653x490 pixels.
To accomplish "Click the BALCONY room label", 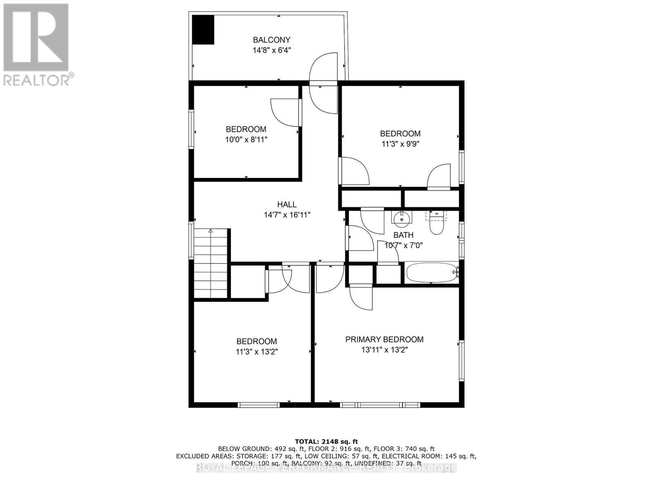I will tap(271, 40).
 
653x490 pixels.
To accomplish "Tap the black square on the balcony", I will tap(203, 29).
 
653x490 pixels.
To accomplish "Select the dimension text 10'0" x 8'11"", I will tap(246, 140).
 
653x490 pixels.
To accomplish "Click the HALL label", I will tap(287, 205).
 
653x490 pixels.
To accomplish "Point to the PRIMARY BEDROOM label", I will tap(384, 339).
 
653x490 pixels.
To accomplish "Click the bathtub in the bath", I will tap(432, 272).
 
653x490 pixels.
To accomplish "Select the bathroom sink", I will tap(402, 218).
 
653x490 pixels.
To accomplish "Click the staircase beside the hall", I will tap(210, 263).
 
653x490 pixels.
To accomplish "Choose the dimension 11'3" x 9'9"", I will tap(400, 144).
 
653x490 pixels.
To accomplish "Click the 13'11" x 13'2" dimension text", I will tap(384, 350).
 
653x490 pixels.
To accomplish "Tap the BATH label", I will tap(403, 235).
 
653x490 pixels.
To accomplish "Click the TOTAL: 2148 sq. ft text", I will tap(326, 441).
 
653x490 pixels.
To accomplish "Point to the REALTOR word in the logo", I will tap(37, 79).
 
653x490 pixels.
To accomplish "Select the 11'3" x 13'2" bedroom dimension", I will tap(257, 352).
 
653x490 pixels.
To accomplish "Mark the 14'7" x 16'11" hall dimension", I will tap(287, 215).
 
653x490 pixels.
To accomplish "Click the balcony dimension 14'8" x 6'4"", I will tap(271, 50).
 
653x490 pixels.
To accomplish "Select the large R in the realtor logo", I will tap(36, 38).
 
